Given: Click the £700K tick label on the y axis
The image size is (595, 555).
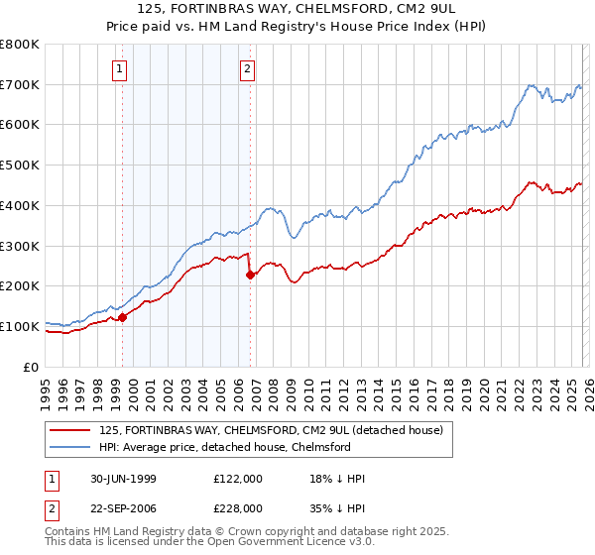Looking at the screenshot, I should point(20,85).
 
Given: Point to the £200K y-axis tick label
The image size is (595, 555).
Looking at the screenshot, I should point(20,286).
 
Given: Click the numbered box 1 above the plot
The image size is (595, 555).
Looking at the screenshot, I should point(120,69).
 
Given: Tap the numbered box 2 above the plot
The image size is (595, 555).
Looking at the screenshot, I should point(247,69).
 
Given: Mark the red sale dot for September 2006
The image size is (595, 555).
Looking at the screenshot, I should point(250,275).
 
